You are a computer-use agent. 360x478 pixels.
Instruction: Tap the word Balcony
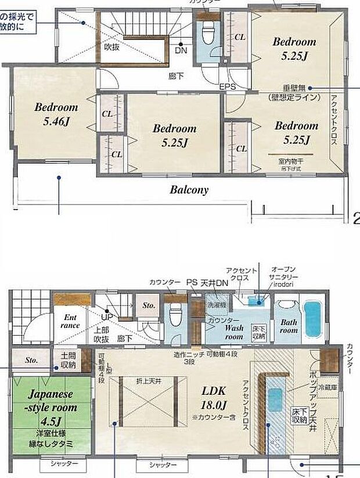(189, 189)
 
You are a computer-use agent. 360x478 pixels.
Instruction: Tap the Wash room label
(234, 332)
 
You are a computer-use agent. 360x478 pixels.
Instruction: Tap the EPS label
(228, 87)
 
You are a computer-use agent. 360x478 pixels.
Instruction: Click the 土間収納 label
(67, 361)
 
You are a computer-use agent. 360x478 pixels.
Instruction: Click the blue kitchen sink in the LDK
(275, 400)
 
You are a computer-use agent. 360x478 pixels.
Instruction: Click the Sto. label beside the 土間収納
(31, 360)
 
